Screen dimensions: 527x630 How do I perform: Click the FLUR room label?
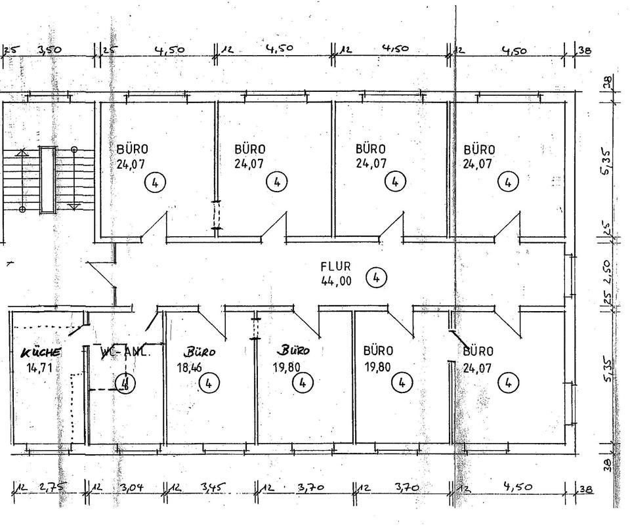[336, 266]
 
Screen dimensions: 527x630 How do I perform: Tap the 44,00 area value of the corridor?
[336, 280]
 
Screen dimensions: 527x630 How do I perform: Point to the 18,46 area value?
[190, 368]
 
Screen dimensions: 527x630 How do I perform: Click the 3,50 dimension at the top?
[50, 50]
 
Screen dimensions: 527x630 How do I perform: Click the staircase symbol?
[48, 179]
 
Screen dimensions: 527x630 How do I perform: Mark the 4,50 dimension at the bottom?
[516, 488]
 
